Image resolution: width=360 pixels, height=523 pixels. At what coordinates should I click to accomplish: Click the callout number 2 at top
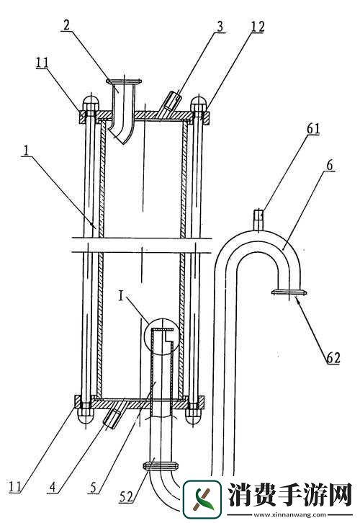[x=67, y=25]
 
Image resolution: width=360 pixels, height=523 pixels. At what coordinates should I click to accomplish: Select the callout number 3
[x=220, y=27]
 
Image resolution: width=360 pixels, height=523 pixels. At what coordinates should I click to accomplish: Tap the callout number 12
[x=257, y=27]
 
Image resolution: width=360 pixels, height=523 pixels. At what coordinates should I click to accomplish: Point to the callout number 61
[x=313, y=129]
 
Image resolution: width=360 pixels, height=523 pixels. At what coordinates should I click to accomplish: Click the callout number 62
[x=333, y=358]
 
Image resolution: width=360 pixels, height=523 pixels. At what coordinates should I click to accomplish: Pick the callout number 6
[x=329, y=166]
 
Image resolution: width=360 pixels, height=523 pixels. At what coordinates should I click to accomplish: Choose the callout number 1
[x=26, y=151]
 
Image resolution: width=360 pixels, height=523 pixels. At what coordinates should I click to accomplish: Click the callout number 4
[x=52, y=488]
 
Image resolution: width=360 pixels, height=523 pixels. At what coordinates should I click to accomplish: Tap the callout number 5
[x=93, y=488]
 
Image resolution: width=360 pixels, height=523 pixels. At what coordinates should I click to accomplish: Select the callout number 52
[x=126, y=498]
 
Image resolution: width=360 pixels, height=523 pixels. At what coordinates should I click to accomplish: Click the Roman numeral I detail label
[x=121, y=297]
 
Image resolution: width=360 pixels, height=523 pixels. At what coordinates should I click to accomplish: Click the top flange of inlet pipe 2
[x=124, y=81]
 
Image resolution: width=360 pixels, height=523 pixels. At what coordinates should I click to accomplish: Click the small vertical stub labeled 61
[x=258, y=219]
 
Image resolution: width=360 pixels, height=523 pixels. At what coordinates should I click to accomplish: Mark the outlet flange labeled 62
[x=289, y=292]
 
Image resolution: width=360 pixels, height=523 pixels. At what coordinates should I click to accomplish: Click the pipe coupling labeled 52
[x=160, y=465]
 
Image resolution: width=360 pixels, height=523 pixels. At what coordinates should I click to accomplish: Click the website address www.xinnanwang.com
[x=289, y=514]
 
